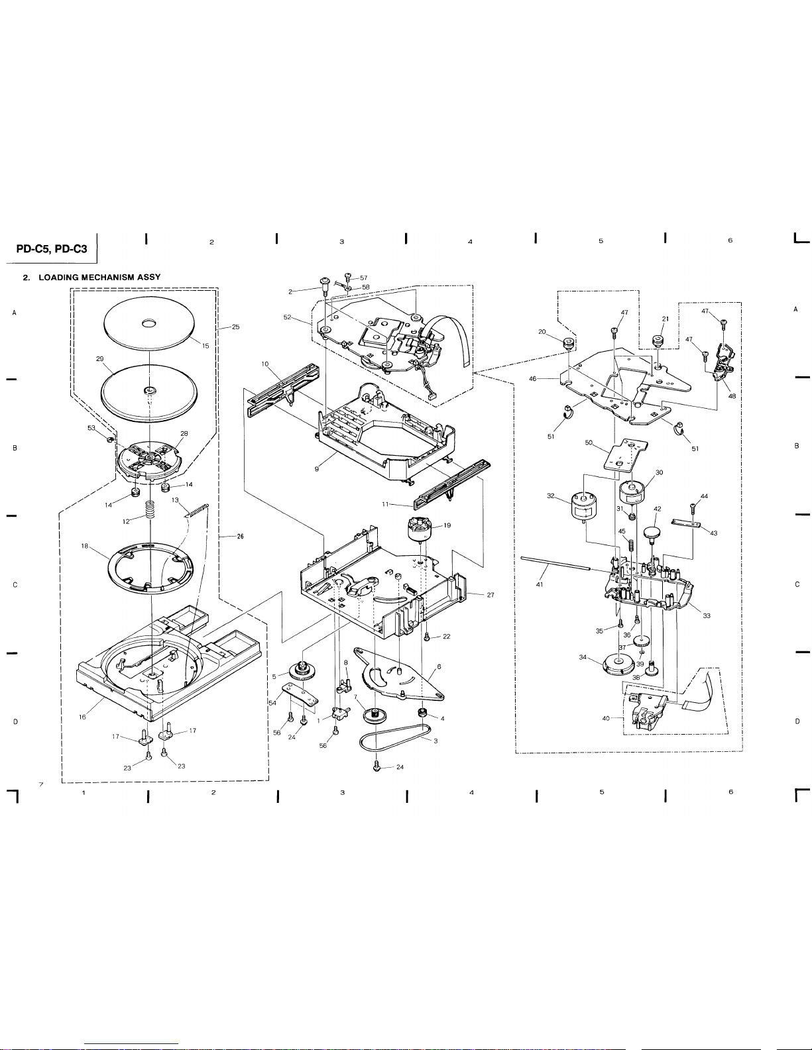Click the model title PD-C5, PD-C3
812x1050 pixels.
click(x=52, y=249)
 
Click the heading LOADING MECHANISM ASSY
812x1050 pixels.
click(x=99, y=277)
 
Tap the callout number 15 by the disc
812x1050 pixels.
click(x=205, y=346)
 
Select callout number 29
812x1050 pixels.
click(x=99, y=358)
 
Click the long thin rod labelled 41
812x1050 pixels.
click(x=555, y=563)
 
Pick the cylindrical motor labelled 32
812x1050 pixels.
click(x=585, y=507)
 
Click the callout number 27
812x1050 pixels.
click(x=491, y=595)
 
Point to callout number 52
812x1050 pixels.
click(x=287, y=317)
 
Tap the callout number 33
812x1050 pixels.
click(x=707, y=615)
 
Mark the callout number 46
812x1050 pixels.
click(x=533, y=379)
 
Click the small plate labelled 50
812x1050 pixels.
click(x=625, y=456)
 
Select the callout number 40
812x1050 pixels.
click(x=606, y=719)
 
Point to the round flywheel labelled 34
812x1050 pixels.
click(x=618, y=664)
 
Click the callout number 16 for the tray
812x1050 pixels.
click(x=82, y=717)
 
